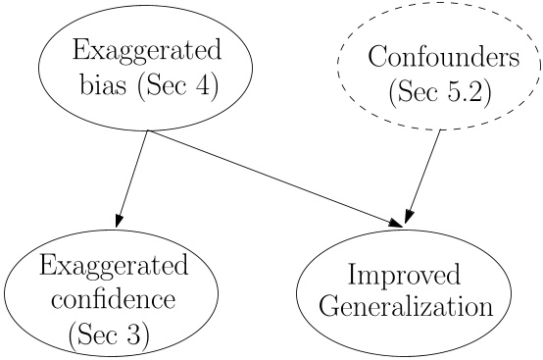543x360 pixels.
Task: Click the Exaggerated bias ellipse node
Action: point(145,68)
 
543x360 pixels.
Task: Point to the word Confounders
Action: point(443,57)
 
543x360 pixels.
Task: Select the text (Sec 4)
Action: point(177,86)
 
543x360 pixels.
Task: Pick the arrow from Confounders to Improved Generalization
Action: point(420,177)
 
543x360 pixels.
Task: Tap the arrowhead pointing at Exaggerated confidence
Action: point(120,218)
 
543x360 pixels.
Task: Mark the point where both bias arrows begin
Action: point(147,130)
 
